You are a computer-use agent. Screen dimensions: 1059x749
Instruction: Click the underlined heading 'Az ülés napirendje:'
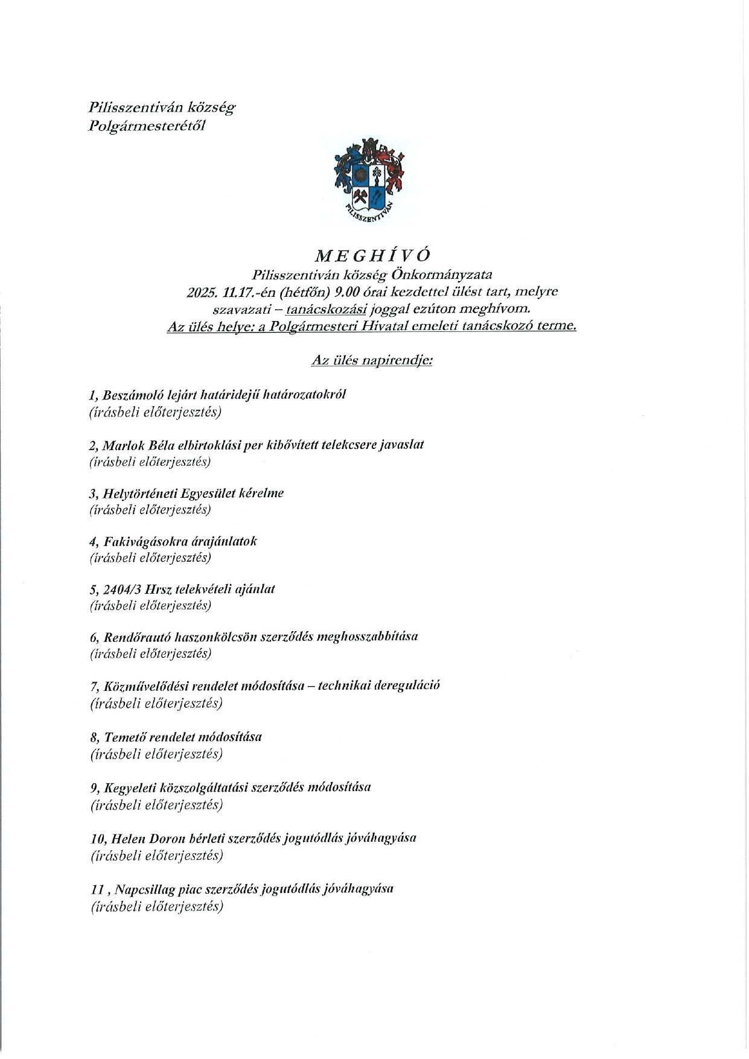pyautogui.click(x=372, y=361)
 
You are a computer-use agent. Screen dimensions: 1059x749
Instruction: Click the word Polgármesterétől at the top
pyautogui.click(x=147, y=126)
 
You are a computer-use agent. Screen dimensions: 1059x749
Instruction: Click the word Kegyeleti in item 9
pyautogui.click(x=130, y=787)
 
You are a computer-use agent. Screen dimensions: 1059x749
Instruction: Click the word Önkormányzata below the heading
pyautogui.click(x=442, y=275)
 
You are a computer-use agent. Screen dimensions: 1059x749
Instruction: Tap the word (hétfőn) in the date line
pyautogui.click(x=306, y=292)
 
